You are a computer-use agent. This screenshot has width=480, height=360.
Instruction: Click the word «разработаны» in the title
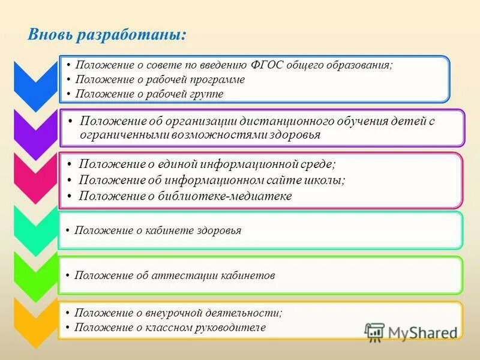tap(131, 35)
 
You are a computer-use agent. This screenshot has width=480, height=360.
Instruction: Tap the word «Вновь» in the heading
tap(50, 35)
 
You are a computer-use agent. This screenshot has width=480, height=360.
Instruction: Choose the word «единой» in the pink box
tap(160, 164)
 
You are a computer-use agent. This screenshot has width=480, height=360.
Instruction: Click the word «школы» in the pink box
tap(328, 180)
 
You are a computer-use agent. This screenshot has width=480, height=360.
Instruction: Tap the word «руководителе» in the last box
tap(230, 328)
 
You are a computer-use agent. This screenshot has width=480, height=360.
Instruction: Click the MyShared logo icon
tap(375, 332)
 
